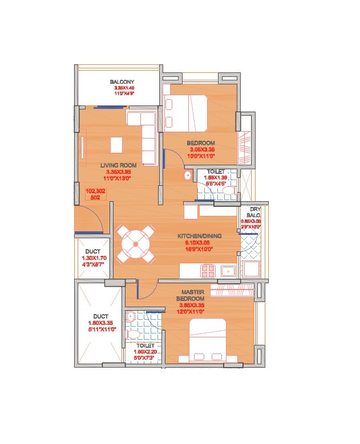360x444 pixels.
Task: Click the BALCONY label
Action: coord(122,82)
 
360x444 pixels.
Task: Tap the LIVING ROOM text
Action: coord(118,165)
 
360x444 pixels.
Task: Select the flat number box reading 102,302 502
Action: coord(95,194)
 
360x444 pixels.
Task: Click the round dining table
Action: coord(136,244)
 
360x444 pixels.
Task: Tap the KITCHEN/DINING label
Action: coord(199,235)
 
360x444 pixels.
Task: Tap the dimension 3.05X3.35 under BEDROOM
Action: coord(202,149)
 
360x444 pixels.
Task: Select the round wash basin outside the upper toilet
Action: coord(187,176)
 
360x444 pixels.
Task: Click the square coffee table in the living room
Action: coord(116,145)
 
